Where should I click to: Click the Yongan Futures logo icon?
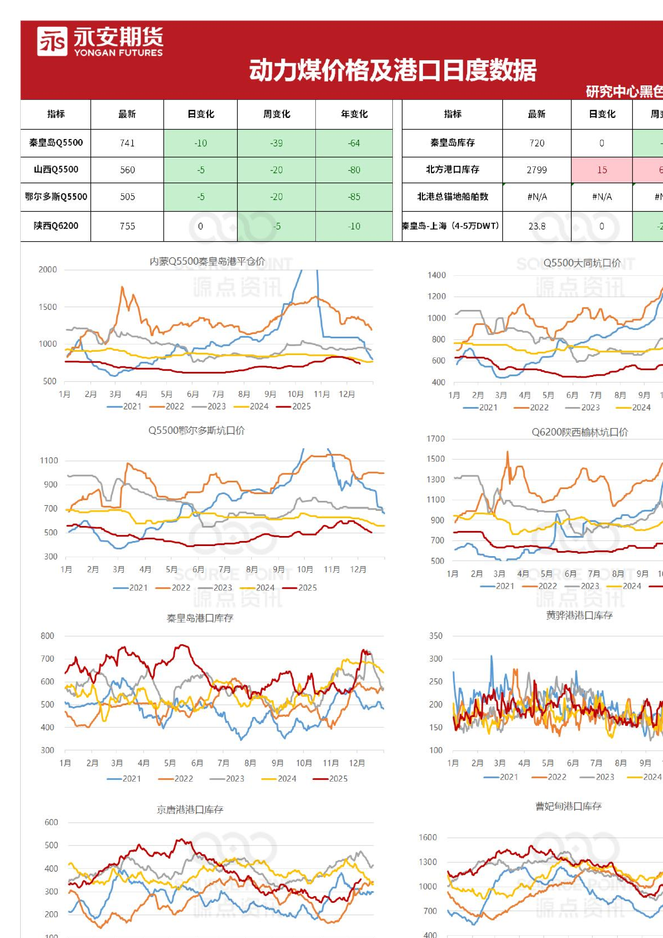(52, 41)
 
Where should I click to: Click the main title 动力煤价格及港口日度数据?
(392, 70)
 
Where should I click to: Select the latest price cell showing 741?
(127, 143)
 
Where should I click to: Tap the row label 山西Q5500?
(56, 169)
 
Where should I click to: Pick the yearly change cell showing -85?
(354, 197)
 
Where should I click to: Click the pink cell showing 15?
(602, 170)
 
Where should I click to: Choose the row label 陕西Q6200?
(56, 226)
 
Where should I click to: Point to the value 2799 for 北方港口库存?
(536, 170)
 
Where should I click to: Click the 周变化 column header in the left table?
(276, 114)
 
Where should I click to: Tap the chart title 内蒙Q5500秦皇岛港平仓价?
(207, 261)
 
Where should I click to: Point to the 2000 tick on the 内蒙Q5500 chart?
(47, 270)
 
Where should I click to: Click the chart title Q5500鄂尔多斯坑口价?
(196, 430)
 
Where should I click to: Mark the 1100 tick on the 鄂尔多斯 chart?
(49, 461)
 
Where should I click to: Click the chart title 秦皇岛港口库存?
(200, 618)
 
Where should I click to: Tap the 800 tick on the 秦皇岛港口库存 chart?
(47, 636)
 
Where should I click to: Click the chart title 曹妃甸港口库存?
(568, 806)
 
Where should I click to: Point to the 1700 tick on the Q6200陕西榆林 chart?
(435, 439)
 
